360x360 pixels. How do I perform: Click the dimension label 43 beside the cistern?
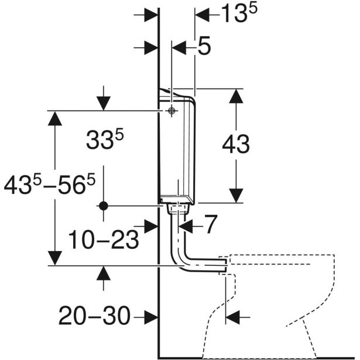click(236, 144)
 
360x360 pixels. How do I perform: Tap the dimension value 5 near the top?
click(204, 46)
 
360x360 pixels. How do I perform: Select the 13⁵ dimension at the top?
click(239, 13)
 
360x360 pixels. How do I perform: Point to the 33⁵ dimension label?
click(105, 139)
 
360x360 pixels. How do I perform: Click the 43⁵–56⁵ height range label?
click(50, 184)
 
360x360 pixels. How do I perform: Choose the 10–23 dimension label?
click(104, 239)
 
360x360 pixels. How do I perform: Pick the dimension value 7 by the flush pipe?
click(211, 224)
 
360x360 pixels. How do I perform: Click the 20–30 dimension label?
click(95, 316)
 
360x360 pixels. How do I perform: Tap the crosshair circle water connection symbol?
click(172, 111)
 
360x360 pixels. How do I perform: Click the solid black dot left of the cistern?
click(104, 206)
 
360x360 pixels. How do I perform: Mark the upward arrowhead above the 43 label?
click(236, 96)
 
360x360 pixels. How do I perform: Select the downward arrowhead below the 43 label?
click(236, 196)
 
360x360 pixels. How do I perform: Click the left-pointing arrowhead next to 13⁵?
click(203, 15)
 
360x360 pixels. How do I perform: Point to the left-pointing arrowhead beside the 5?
click(179, 48)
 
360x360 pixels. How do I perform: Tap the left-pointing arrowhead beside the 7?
click(186, 226)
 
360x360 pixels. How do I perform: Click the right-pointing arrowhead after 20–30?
click(151, 317)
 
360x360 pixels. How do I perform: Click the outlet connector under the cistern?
click(179, 209)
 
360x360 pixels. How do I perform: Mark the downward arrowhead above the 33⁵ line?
click(103, 104)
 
